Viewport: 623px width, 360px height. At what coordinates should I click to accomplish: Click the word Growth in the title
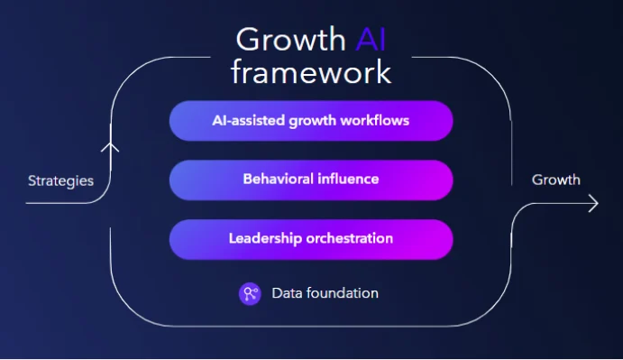[289, 40]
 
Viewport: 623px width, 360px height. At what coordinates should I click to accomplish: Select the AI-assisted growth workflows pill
[311, 120]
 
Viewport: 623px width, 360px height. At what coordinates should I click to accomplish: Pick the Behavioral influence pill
[311, 180]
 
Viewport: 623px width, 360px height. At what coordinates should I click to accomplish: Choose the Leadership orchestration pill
[311, 239]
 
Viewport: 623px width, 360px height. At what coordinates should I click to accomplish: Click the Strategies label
[60, 180]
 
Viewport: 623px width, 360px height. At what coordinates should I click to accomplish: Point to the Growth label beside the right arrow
[555, 180]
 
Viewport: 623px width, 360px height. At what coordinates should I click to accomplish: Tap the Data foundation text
[325, 293]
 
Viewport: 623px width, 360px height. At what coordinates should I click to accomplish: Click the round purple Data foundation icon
[250, 293]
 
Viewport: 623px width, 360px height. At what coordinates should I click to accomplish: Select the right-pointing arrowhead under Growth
[591, 205]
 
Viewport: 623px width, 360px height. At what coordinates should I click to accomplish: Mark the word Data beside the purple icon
[286, 293]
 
